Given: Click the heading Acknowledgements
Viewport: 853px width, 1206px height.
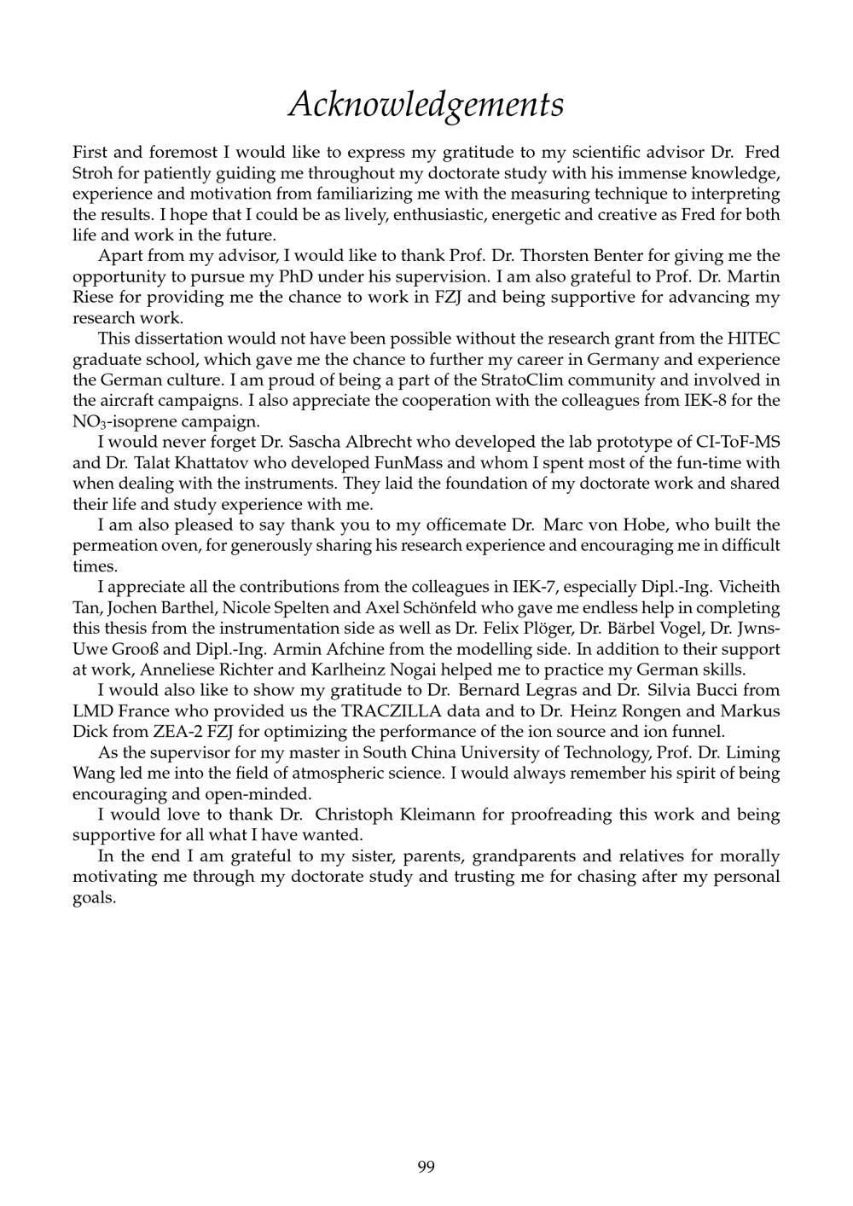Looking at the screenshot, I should [x=426, y=104].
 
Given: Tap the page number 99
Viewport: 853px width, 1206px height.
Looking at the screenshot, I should [x=426, y=1166].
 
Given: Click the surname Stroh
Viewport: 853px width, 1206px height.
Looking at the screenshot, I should [x=92, y=173].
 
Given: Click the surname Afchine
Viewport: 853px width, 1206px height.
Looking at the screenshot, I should [x=357, y=649].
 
